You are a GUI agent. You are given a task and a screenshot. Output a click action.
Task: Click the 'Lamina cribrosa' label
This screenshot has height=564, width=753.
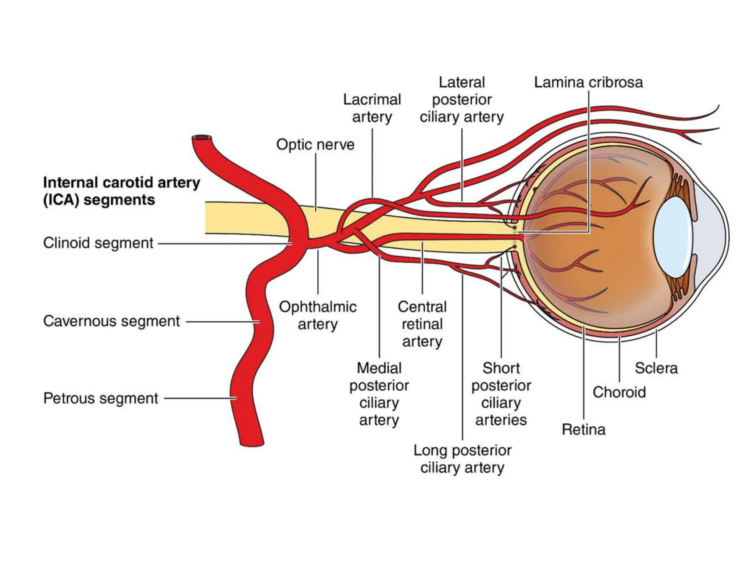(588, 83)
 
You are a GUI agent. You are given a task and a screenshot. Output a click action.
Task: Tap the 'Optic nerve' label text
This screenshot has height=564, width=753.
(315, 145)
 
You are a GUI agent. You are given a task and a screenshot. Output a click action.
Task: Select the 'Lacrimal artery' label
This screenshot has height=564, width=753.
(372, 108)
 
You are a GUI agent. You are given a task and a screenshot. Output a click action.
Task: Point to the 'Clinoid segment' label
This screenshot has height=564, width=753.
(98, 243)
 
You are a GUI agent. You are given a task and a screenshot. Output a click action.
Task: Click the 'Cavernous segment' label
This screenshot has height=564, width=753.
(111, 321)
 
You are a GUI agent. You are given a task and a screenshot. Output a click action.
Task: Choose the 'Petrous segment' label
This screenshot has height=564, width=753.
(101, 398)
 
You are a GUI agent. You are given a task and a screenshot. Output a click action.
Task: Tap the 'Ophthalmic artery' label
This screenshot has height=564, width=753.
(318, 315)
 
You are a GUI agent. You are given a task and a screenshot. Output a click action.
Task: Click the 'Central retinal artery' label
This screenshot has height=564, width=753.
(422, 324)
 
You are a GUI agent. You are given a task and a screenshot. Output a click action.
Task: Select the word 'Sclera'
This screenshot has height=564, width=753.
(656, 368)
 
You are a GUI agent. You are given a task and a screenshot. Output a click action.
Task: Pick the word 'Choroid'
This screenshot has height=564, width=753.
(619, 392)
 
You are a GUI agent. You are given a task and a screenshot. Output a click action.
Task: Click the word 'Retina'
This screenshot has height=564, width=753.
(584, 430)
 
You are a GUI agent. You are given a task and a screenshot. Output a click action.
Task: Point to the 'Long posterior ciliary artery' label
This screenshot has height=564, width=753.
(462, 459)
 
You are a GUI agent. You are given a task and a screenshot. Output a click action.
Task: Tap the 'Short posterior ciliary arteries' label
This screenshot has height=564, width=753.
(501, 394)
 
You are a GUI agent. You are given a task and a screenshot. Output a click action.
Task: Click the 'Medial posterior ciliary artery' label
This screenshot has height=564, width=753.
(379, 394)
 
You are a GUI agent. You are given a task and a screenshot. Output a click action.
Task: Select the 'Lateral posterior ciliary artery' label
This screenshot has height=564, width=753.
(462, 100)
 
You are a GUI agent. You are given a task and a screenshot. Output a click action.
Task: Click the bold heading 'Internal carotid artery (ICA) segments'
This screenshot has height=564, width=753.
(121, 191)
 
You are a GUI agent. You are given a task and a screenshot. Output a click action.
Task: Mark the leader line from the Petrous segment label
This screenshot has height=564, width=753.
(199, 398)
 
